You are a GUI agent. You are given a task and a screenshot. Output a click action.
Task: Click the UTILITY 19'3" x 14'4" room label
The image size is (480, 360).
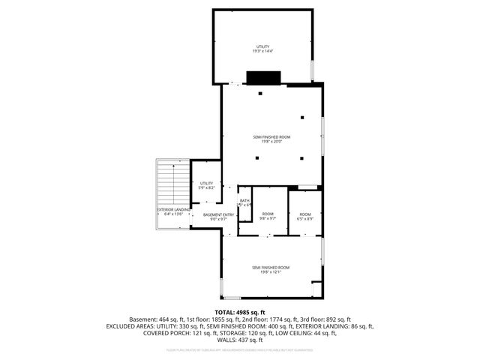(262, 49)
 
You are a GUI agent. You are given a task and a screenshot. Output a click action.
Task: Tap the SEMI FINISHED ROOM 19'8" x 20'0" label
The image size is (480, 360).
(271, 139)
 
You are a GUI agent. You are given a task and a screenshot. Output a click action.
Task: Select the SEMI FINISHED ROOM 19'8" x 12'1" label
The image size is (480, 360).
(271, 270)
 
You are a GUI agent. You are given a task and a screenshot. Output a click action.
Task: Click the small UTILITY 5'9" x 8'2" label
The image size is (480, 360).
(206, 185)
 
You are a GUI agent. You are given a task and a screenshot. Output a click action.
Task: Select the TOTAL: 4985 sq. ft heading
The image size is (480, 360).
(240, 311)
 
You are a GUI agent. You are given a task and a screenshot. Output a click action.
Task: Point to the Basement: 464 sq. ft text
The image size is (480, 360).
(158, 319)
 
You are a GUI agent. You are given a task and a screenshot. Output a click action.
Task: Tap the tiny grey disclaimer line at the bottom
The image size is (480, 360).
(240, 349)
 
